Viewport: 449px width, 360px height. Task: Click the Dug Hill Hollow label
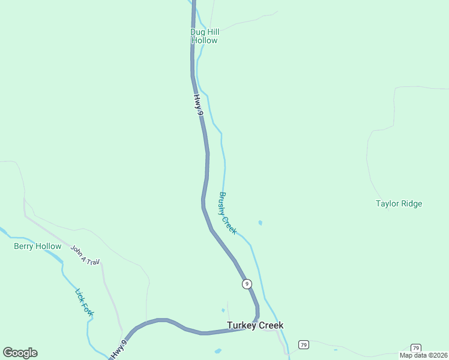[x=204, y=36]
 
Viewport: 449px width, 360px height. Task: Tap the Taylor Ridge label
[x=399, y=203]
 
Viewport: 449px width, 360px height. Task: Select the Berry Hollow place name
[x=37, y=246]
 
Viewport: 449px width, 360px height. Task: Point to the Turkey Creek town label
[x=255, y=325]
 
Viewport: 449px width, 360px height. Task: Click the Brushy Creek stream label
[x=228, y=214]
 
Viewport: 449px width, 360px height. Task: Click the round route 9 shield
[x=246, y=284]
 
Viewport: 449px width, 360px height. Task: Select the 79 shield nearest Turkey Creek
[x=304, y=344]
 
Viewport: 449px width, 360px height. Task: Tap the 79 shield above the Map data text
[x=415, y=348]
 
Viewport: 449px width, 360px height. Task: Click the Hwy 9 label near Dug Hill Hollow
[x=199, y=104]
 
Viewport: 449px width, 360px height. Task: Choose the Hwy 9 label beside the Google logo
[x=119, y=350]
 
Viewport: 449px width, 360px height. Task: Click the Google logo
[x=20, y=353]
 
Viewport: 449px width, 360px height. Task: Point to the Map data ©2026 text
[x=424, y=355]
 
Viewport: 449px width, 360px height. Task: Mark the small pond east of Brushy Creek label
[x=260, y=223]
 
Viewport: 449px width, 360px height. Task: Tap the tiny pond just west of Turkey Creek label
[x=223, y=310]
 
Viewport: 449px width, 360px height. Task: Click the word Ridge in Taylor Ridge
[x=411, y=203]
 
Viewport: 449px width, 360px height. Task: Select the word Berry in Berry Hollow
[x=24, y=246]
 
